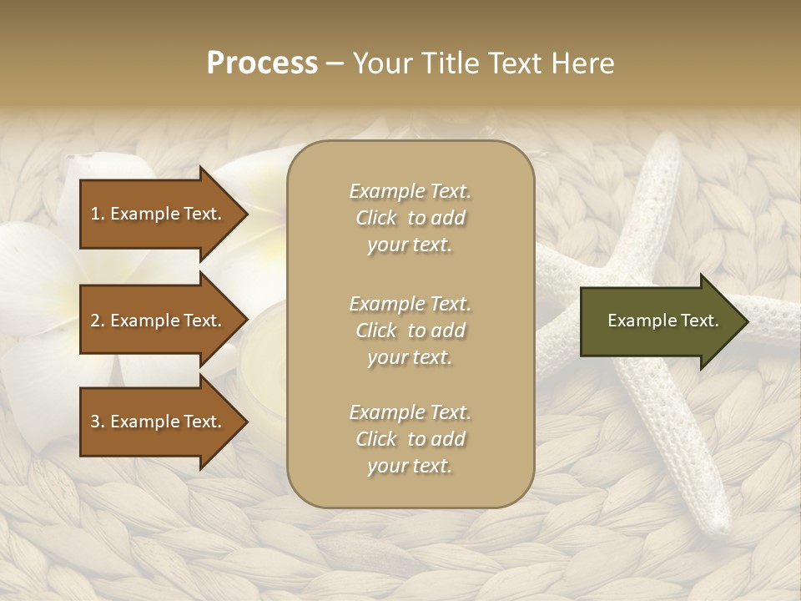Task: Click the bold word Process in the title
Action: (262, 63)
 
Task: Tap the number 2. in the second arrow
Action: (98, 321)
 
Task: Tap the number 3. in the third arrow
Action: (98, 422)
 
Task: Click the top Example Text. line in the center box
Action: (410, 191)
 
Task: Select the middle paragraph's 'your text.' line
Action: (410, 357)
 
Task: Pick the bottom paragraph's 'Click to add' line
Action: (410, 439)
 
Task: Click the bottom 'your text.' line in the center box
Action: (410, 466)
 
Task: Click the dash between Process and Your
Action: (335, 63)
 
